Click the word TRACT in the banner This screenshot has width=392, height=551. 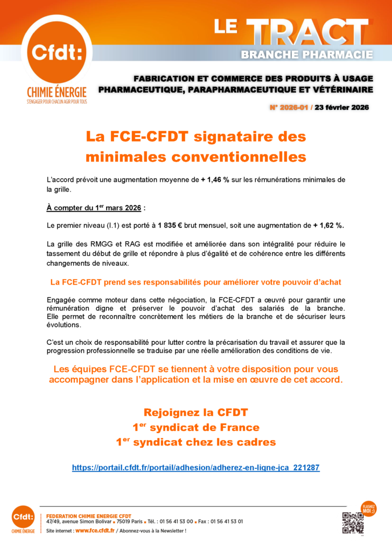[x=310, y=33]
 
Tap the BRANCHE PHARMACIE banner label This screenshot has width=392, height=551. [x=307, y=54]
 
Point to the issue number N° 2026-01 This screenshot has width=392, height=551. [x=289, y=107]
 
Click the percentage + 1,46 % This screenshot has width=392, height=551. [x=215, y=179]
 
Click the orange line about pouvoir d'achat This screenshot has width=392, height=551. [x=195, y=282]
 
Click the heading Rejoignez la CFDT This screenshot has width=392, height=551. [x=195, y=413]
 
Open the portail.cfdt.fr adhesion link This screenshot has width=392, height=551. [x=195, y=468]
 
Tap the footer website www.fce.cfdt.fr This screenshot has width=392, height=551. [x=95, y=531]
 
